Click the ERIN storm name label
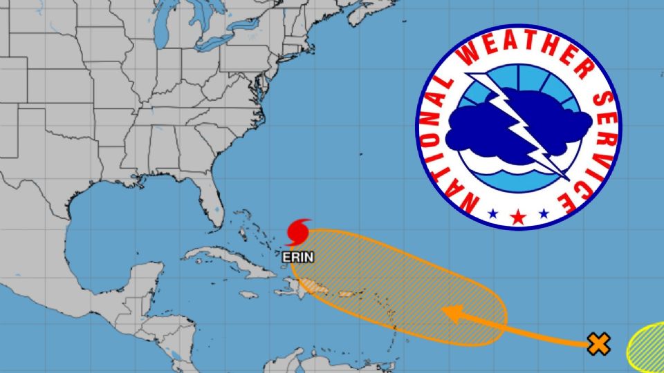(298, 257)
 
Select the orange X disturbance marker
(599, 343)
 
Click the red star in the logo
(517, 217)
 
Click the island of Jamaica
(246, 295)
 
